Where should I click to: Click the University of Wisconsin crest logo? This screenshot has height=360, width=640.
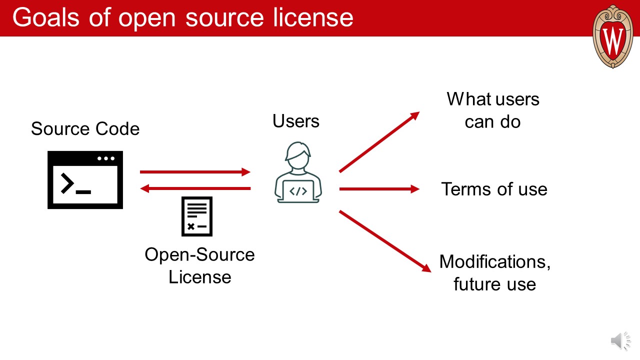pyautogui.click(x=612, y=36)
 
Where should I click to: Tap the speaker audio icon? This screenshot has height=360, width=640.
pyautogui.click(x=620, y=341)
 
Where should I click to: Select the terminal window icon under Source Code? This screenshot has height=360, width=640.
pyautogui.click(x=85, y=180)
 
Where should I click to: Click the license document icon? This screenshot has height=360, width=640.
pyautogui.click(x=196, y=216)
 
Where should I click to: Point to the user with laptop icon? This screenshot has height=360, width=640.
pyautogui.click(x=298, y=172)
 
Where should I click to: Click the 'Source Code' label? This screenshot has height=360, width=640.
pyautogui.click(x=85, y=129)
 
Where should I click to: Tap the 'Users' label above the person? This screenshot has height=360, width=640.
pyautogui.click(x=296, y=120)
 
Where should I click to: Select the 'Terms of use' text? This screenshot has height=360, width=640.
pyautogui.click(x=494, y=189)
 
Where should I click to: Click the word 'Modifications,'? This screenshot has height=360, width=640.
pyautogui.click(x=494, y=261)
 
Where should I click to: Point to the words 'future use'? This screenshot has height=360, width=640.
pyautogui.click(x=494, y=284)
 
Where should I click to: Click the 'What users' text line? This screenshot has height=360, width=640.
pyautogui.click(x=493, y=99)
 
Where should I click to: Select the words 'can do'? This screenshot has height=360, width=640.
pyautogui.click(x=492, y=121)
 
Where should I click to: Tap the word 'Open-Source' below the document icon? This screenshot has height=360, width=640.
pyautogui.click(x=199, y=254)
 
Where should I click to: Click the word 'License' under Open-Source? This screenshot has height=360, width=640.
pyautogui.click(x=199, y=276)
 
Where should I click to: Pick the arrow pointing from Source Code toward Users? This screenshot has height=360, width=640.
pyautogui.click(x=195, y=172)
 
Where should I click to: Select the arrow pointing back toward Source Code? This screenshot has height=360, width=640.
pyautogui.click(x=195, y=188)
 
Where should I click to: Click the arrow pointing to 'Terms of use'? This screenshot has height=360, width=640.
pyautogui.click(x=379, y=189)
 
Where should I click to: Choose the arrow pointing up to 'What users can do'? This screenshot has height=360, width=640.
pyautogui.click(x=379, y=142)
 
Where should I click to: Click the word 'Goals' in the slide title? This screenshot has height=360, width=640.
pyautogui.click(x=45, y=17)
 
